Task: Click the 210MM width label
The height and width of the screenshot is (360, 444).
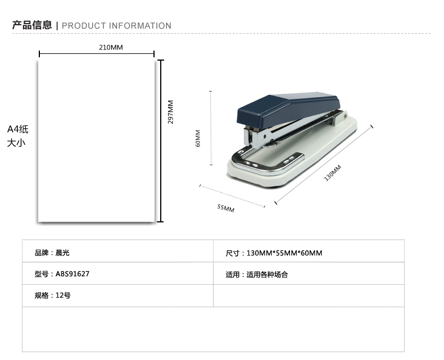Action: click(111, 47)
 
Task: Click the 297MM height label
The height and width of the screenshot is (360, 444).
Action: click(170, 112)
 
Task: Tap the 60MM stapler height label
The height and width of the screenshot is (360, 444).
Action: click(198, 138)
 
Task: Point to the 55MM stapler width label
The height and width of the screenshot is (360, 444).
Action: click(226, 208)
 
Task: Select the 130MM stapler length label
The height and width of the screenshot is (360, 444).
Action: click(333, 172)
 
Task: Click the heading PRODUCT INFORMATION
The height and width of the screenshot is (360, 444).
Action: click(116, 26)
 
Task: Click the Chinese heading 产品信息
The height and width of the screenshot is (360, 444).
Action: click(32, 25)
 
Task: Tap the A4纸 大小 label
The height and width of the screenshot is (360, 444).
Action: click(17, 136)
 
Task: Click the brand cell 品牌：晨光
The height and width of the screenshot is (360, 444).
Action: click(52, 253)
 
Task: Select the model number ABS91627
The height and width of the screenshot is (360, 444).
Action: click(73, 274)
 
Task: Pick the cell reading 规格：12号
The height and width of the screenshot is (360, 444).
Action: click(53, 295)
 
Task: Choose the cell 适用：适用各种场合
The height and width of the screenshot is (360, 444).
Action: click(256, 275)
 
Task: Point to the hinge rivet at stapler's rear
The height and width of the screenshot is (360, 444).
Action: click(345, 116)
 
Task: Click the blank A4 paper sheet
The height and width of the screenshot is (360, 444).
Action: click(96, 141)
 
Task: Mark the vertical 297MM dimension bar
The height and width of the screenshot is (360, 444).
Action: click(161, 141)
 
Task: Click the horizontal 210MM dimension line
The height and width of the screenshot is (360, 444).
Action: click(97, 54)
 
